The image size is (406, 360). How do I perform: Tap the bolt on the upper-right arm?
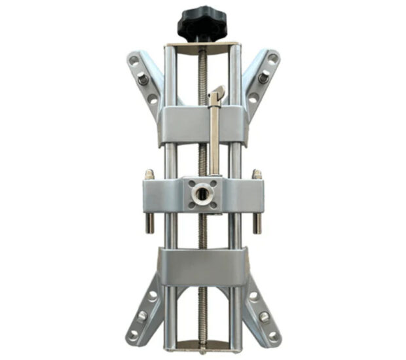[263, 79]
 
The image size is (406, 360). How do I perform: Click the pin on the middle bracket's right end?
[257, 203]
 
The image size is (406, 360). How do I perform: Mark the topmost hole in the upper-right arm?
[272, 58]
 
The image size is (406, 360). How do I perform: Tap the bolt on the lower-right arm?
[263, 316]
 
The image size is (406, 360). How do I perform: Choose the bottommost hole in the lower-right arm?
[272, 334]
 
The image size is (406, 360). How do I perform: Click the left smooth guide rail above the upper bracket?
[170, 75]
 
